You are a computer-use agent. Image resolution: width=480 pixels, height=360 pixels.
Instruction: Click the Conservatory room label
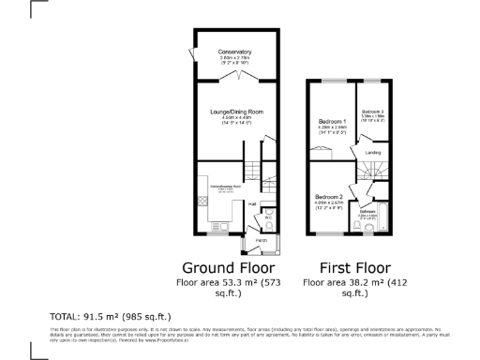pos(235,51)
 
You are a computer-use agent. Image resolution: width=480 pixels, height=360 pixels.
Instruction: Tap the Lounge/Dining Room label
pos(235,111)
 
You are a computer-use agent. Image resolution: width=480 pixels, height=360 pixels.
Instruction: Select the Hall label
pos(252,202)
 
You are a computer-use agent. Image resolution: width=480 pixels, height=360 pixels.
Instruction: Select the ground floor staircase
pos(267,178)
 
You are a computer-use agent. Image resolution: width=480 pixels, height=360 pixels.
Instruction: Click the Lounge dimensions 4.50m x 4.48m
pos(235,117)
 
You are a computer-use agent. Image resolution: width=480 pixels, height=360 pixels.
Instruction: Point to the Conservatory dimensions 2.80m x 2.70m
pos(235,57)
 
